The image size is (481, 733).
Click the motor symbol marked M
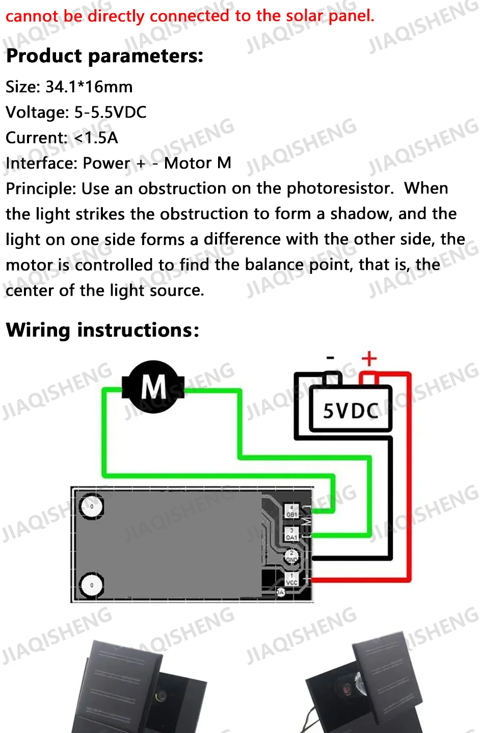pyautogui.click(x=153, y=386)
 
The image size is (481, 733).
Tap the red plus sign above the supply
pyautogui.click(x=369, y=359)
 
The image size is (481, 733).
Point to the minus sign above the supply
pyautogui.click(x=331, y=358)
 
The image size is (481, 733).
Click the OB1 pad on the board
pyautogui.click(x=291, y=511)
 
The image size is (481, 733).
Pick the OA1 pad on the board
pyautogui.click(x=291, y=534)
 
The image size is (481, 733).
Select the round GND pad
pyautogui.click(x=291, y=556)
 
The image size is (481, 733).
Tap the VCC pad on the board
pyautogui.click(x=291, y=579)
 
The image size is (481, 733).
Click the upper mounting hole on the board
pyautogui.click(x=92, y=506)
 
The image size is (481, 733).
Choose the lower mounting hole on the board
pyautogui.click(x=92, y=584)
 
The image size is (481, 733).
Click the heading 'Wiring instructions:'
pyautogui.click(x=102, y=330)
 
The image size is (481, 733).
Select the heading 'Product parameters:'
pyautogui.click(x=104, y=56)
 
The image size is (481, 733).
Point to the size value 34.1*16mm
pyautogui.click(x=89, y=87)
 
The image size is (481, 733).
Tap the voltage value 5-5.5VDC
pyautogui.click(x=110, y=112)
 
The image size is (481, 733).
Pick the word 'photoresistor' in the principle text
pyautogui.click(x=340, y=189)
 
